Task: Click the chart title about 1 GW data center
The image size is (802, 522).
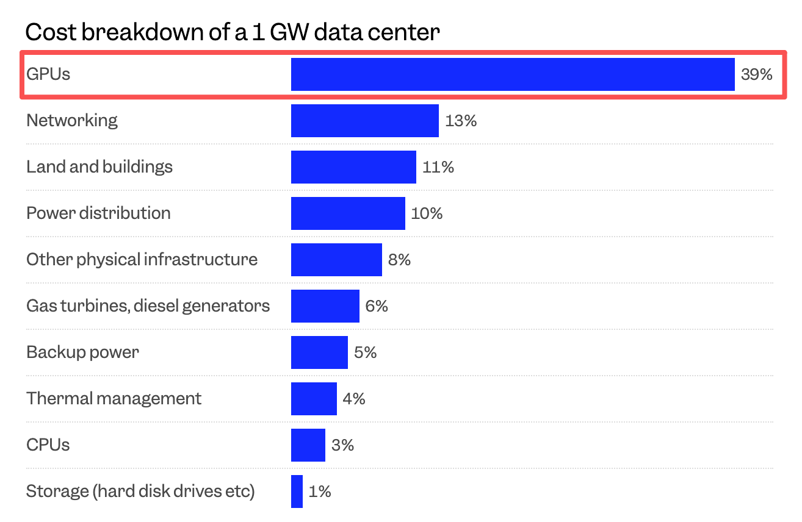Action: click(232, 32)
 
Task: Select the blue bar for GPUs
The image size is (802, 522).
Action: click(513, 74)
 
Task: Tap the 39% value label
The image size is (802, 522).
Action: click(756, 74)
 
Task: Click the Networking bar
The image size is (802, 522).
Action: click(365, 121)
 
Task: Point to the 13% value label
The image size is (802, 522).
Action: click(461, 121)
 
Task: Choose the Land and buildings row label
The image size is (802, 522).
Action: click(99, 167)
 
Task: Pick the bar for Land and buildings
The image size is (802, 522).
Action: click(353, 167)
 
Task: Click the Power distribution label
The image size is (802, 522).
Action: click(98, 213)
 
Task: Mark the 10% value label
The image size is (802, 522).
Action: click(427, 213)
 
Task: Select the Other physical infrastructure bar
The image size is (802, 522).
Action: click(336, 260)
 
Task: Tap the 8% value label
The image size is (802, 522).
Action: click(399, 260)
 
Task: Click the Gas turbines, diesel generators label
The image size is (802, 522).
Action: click(148, 306)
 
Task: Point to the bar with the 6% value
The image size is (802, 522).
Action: click(325, 306)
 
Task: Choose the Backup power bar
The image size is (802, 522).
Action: click(319, 352)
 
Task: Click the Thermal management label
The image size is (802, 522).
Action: click(114, 399)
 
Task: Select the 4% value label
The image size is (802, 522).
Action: click(354, 399)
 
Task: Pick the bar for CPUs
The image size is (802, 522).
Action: click(308, 445)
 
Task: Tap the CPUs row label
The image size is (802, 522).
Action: click(48, 445)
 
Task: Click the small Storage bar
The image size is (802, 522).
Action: click(297, 492)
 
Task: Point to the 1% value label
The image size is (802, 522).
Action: click(320, 492)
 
